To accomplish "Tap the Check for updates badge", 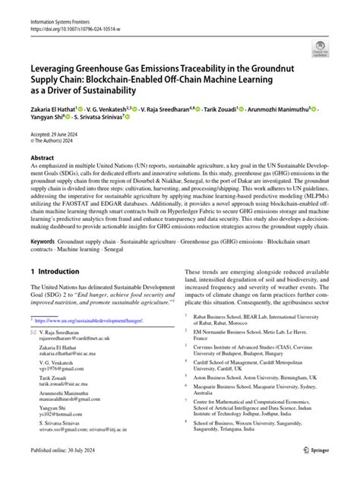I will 322,50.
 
